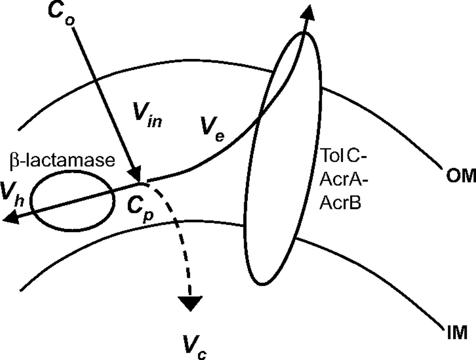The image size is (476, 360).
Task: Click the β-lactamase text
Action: pyautogui.click(x=62, y=160)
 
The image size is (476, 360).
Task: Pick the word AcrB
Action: pyautogui.click(x=340, y=203)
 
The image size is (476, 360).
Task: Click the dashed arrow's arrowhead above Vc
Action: pyautogui.click(x=190, y=303)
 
